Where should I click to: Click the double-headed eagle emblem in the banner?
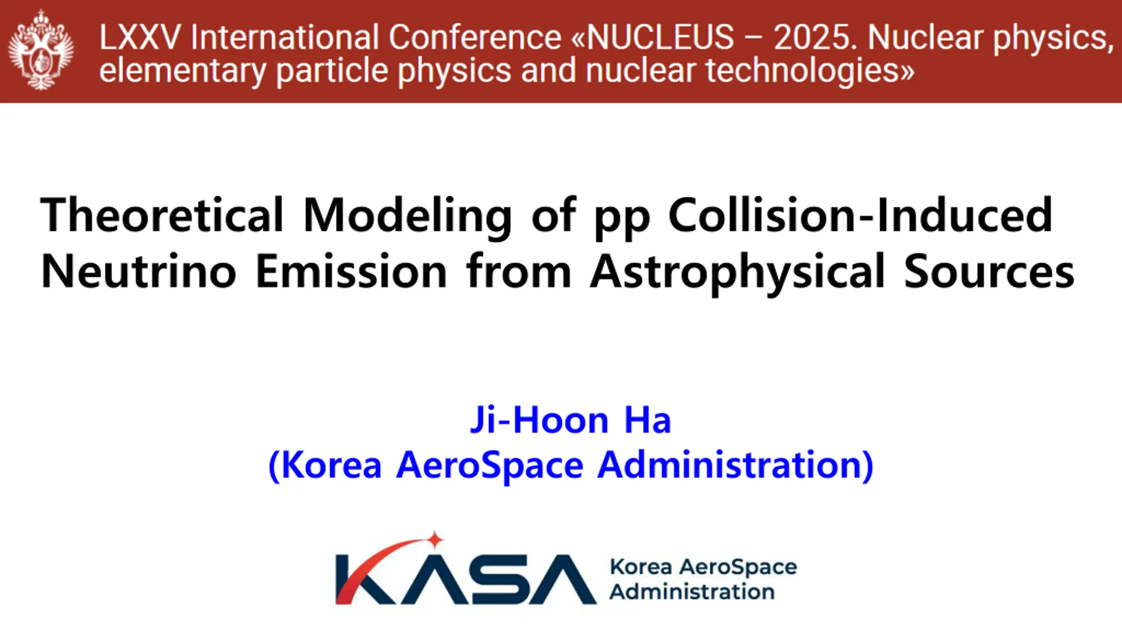41,50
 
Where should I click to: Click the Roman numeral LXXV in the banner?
140,37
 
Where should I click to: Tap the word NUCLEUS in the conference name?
660,37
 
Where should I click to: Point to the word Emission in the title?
351,271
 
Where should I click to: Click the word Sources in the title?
989,272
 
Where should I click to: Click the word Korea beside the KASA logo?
641,567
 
